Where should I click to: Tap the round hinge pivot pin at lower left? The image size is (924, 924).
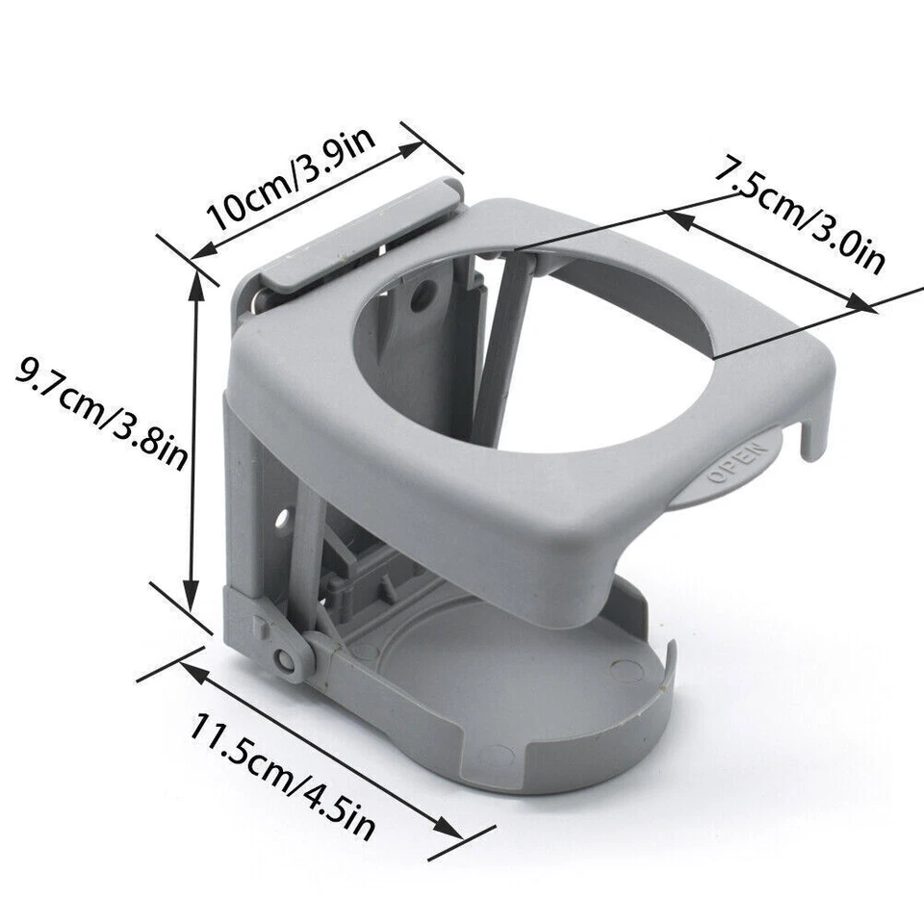(x=285, y=660)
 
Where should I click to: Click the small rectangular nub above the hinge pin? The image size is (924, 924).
(x=263, y=624)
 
